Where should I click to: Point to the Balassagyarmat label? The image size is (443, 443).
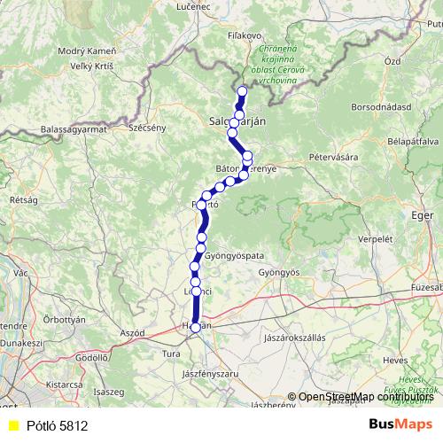[x=73, y=130]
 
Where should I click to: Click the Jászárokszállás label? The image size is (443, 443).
[x=296, y=338]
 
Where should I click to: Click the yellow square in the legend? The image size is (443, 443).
[x=12, y=426]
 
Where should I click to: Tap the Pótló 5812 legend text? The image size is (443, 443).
[x=57, y=426]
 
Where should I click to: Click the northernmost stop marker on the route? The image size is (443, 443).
[x=242, y=91]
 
